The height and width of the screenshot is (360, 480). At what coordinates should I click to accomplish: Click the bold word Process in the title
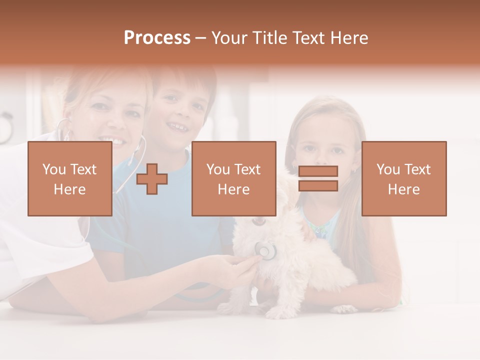(x=157, y=38)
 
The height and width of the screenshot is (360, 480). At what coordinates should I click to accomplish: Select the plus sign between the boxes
(x=152, y=179)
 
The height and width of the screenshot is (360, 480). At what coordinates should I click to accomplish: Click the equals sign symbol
(x=318, y=178)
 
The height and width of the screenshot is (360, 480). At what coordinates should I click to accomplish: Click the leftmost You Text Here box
(x=70, y=178)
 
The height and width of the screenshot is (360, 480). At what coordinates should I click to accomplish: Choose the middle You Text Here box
(x=233, y=178)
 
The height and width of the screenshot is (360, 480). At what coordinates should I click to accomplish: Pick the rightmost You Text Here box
(x=404, y=178)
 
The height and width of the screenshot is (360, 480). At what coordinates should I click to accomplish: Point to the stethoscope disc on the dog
(x=265, y=250)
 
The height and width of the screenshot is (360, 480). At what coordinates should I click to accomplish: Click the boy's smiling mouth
(x=178, y=126)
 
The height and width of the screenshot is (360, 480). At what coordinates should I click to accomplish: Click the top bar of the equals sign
(x=318, y=171)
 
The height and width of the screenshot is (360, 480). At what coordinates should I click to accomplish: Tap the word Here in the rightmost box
(x=404, y=189)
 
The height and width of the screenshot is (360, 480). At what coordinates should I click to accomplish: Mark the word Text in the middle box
(x=247, y=169)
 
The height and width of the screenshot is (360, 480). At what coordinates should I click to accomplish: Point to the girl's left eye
(x=338, y=149)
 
